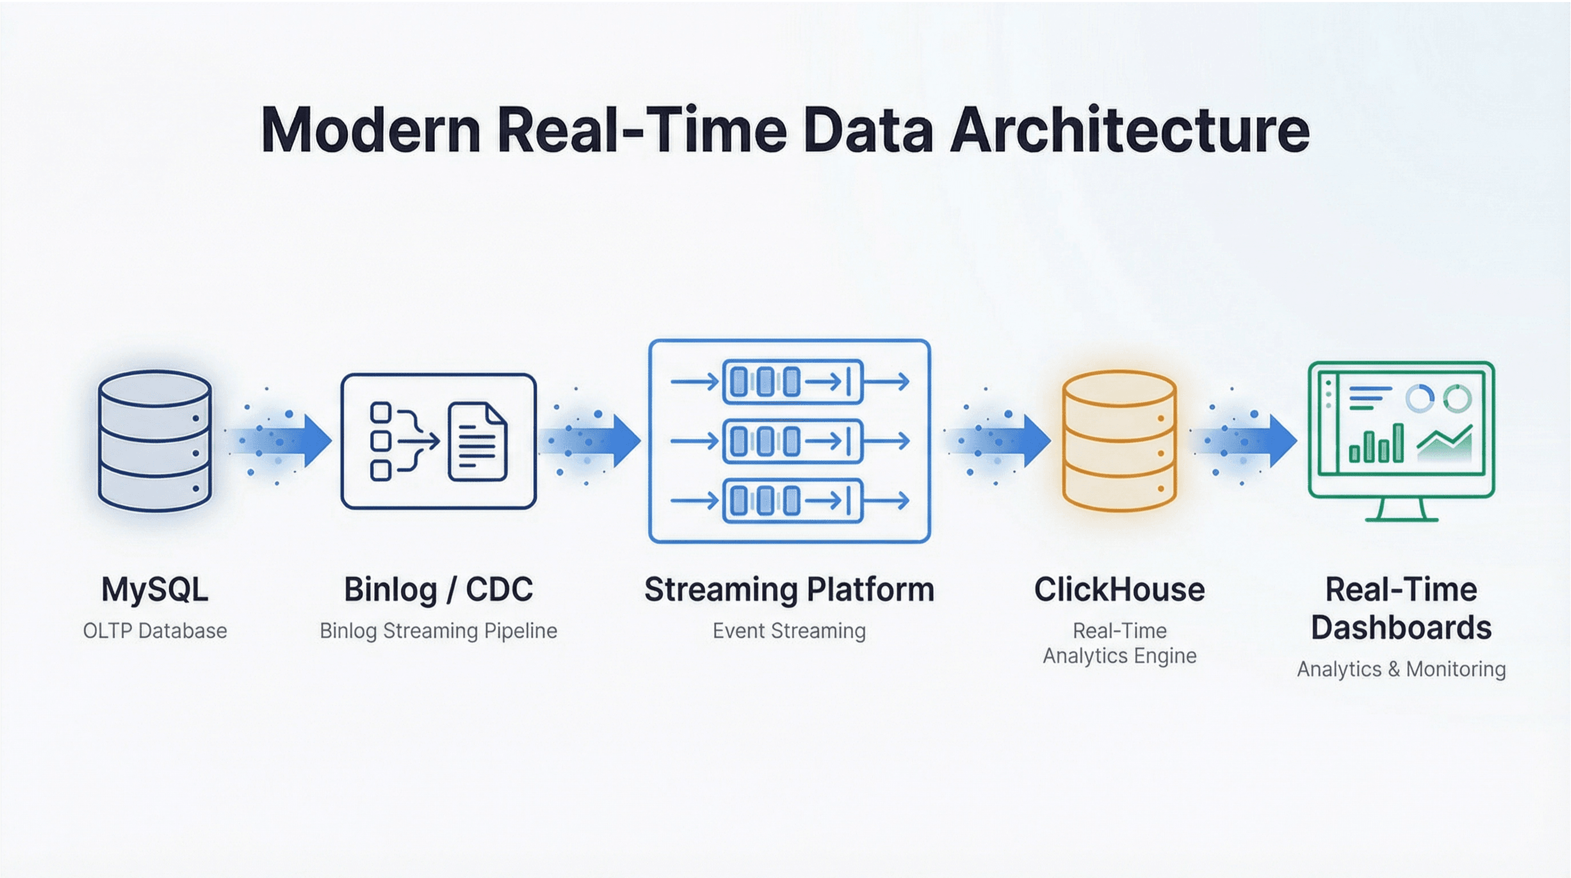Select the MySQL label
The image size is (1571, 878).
pyautogui.click(x=155, y=589)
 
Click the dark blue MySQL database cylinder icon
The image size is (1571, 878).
pyautogui.click(x=155, y=441)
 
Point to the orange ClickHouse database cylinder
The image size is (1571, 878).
pyautogui.click(x=1119, y=441)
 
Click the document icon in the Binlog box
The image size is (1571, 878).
pyautogui.click(x=477, y=441)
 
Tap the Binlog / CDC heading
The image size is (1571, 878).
pyautogui.click(x=439, y=589)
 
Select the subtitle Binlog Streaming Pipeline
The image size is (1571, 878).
pyautogui.click(x=439, y=631)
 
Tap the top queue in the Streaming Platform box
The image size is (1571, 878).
pyautogui.click(x=792, y=382)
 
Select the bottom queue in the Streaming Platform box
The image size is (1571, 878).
pyautogui.click(x=792, y=501)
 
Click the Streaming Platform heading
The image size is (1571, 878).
pyautogui.click(x=789, y=589)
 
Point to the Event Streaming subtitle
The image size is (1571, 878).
pyautogui.click(x=789, y=631)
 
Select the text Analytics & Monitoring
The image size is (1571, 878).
pyautogui.click(x=1402, y=669)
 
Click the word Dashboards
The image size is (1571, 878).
pyautogui.click(x=1402, y=628)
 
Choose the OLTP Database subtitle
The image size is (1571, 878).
pyautogui.click(x=155, y=631)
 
